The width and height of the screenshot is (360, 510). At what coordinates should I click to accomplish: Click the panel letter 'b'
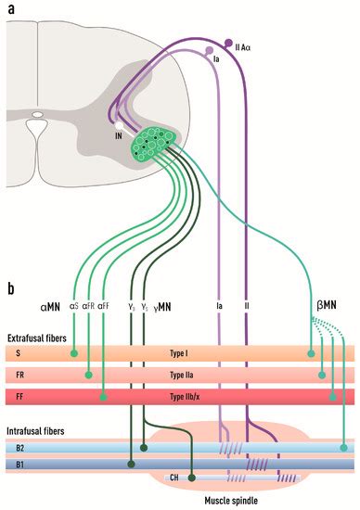pos(10,288)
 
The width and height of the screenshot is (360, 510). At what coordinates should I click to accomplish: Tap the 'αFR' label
pos(89,304)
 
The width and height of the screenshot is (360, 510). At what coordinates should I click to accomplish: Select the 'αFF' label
pos(106,304)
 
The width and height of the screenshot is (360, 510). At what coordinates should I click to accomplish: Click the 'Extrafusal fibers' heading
pos(37,338)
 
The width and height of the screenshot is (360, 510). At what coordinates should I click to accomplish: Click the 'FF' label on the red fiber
pos(19,397)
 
